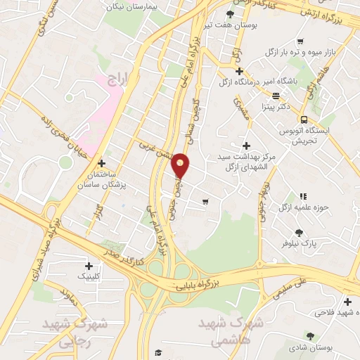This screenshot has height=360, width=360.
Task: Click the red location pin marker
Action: [x=181, y=165]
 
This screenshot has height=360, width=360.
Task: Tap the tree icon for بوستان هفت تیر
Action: [x=230, y=14]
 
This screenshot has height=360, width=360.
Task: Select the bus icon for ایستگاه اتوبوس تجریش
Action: [x=304, y=120]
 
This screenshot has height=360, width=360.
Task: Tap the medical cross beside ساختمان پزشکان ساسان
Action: [x=102, y=162]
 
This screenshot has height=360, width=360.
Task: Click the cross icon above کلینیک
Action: [x=88, y=266]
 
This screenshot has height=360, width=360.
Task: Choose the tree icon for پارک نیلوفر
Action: [x=300, y=232]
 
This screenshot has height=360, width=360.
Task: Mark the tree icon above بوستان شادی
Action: [x=310, y=336]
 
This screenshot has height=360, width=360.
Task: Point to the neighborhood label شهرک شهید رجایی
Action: [x=73, y=333]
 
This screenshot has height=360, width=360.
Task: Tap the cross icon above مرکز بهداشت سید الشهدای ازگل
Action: [x=245, y=144]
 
